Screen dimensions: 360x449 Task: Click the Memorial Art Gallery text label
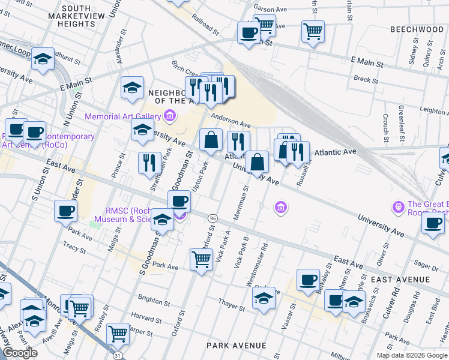tap(124, 116)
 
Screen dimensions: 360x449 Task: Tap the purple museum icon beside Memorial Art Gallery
tap(170, 116)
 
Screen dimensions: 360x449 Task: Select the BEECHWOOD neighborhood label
tap(417, 29)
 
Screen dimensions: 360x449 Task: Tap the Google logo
tap(19, 353)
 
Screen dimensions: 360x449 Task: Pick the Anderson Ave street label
tap(229, 118)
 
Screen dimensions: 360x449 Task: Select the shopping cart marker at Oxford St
tap(201, 259)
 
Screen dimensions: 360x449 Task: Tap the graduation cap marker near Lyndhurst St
tap(43, 59)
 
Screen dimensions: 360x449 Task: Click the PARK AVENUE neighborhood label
tap(236, 346)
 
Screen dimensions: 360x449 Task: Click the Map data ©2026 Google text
tap(411, 355)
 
